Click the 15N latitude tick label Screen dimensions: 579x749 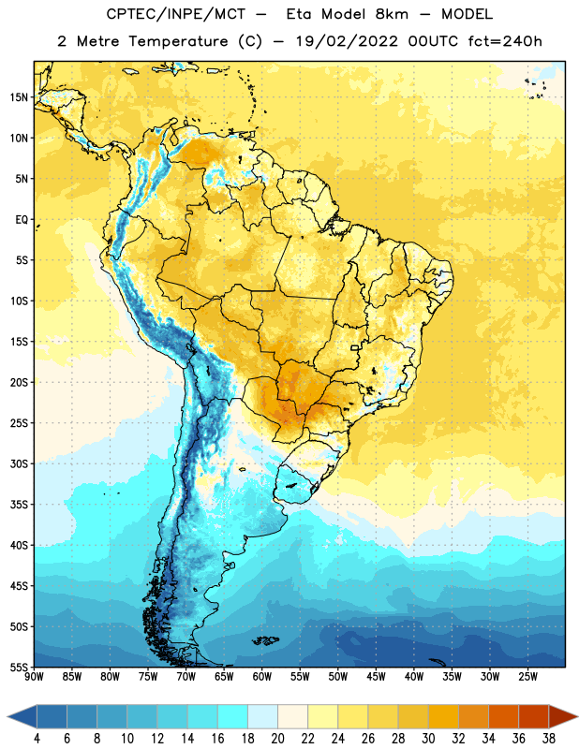pyautogui.click(x=19, y=97)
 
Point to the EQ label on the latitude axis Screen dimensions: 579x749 pyautogui.click(x=22, y=220)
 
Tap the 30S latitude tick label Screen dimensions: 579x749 pyautogui.click(x=19, y=463)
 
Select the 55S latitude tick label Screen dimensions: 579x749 pyautogui.click(x=19, y=668)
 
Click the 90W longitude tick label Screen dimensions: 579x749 pyautogui.click(x=34, y=677)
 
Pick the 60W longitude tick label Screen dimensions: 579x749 pyautogui.click(x=262, y=677)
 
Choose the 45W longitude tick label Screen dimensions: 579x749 pyautogui.click(x=376, y=677)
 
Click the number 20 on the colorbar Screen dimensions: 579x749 pyautogui.click(x=277, y=739)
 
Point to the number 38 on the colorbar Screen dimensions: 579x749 pyautogui.click(x=549, y=739)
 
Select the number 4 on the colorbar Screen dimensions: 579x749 pyautogui.click(x=37, y=739)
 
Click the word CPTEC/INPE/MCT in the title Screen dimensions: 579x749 pyautogui.click(x=175, y=14)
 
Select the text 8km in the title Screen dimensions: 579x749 pyautogui.click(x=392, y=14)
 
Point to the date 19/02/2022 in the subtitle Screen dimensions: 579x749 pyautogui.click(x=346, y=41)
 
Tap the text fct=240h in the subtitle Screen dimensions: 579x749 pyautogui.click(x=504, y=41)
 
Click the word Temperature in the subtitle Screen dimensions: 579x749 pyautogui.click(x=178, y=41)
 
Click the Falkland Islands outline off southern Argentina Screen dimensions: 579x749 pyautogui.click(x=265, y=640)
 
